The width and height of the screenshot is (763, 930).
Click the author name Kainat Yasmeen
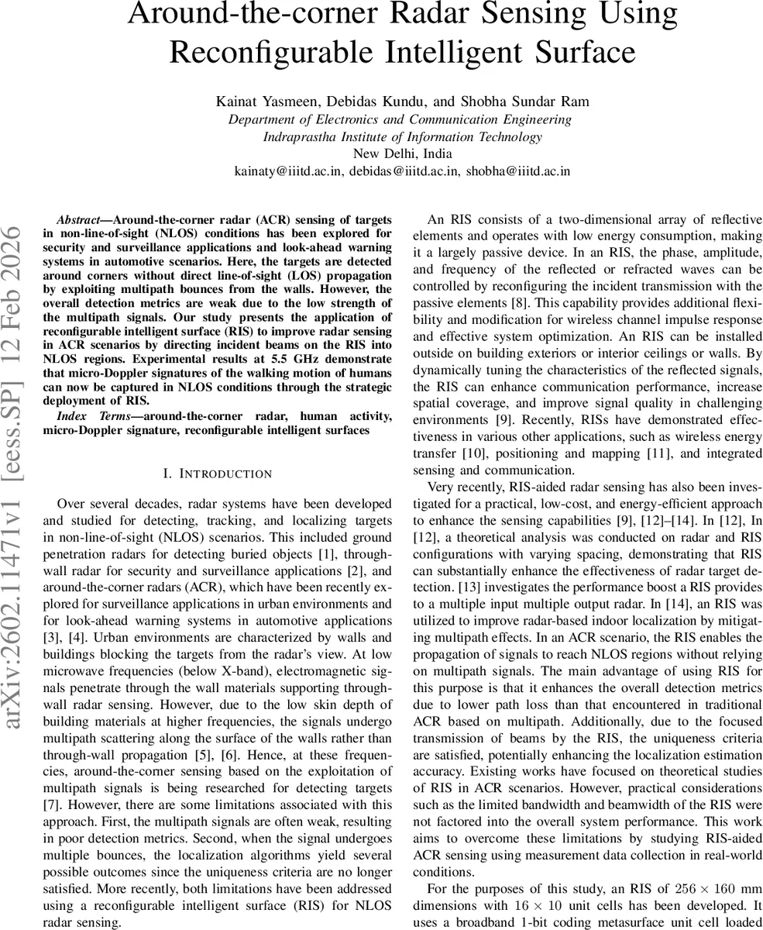tap(256, 102)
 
